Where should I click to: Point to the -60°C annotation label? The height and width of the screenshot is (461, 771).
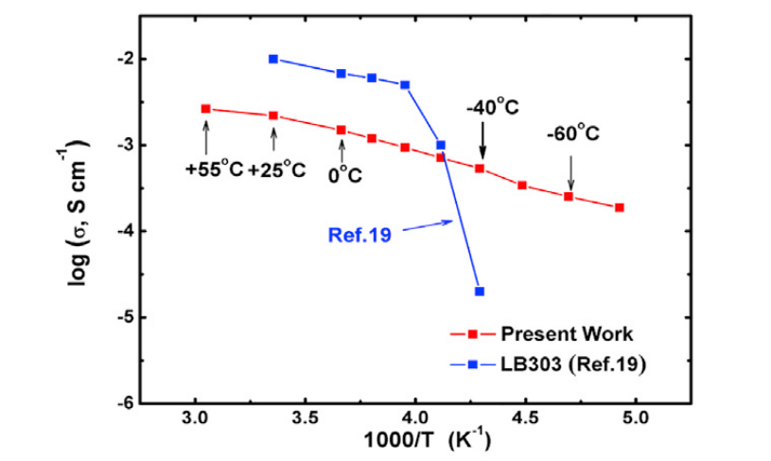point(572,135)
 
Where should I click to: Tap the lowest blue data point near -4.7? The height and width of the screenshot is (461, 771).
point(480,291)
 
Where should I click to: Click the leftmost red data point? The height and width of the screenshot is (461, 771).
point(205,109)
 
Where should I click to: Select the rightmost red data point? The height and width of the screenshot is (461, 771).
point(620,207)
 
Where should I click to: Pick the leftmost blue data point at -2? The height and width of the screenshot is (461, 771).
point(273,59)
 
